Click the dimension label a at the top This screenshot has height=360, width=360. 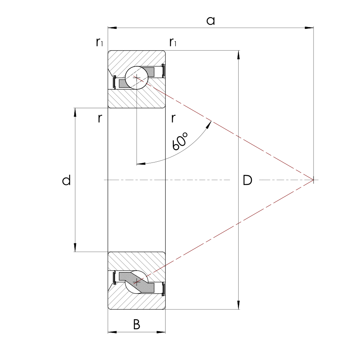210,21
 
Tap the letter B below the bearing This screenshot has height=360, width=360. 137,324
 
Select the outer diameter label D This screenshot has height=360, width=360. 247,180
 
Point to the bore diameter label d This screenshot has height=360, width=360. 66,180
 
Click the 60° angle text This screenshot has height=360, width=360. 180,141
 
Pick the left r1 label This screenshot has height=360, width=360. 99,42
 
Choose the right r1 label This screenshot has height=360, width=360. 173,42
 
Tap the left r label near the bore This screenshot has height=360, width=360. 100,118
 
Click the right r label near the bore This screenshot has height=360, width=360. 174,118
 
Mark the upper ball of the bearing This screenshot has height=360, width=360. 137,78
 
